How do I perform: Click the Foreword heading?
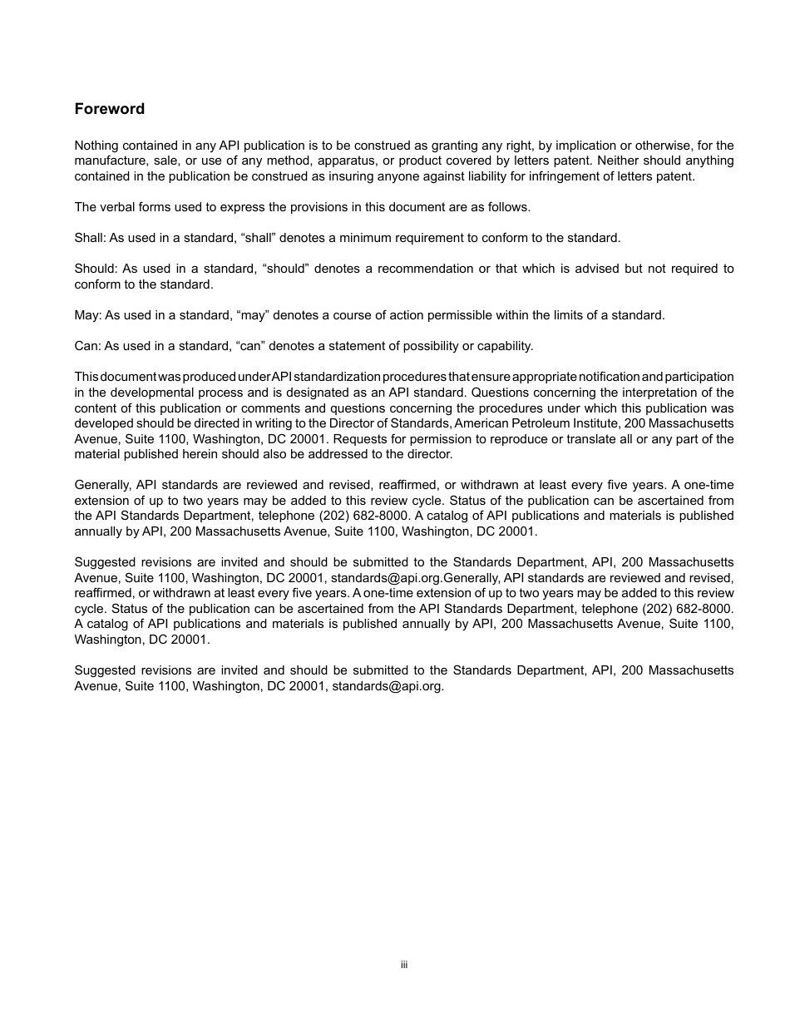click(109, 109)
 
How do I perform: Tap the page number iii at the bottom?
click(403, 965)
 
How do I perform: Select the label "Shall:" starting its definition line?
click(90, 238)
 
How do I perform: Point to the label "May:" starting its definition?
click(87, 315)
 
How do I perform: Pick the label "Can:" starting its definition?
click(87, 346)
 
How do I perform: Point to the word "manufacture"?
click(109, 161)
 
